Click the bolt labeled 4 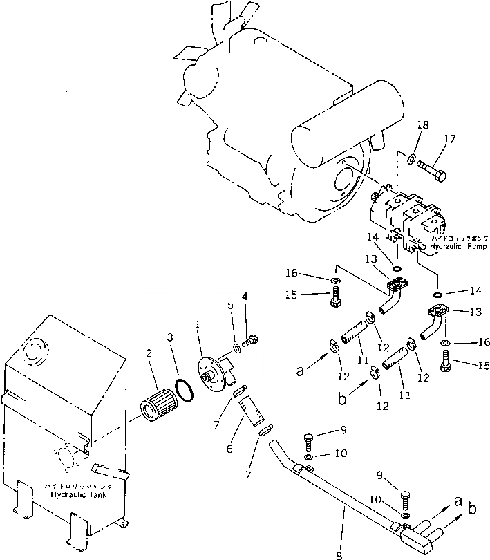tap(252, 339)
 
